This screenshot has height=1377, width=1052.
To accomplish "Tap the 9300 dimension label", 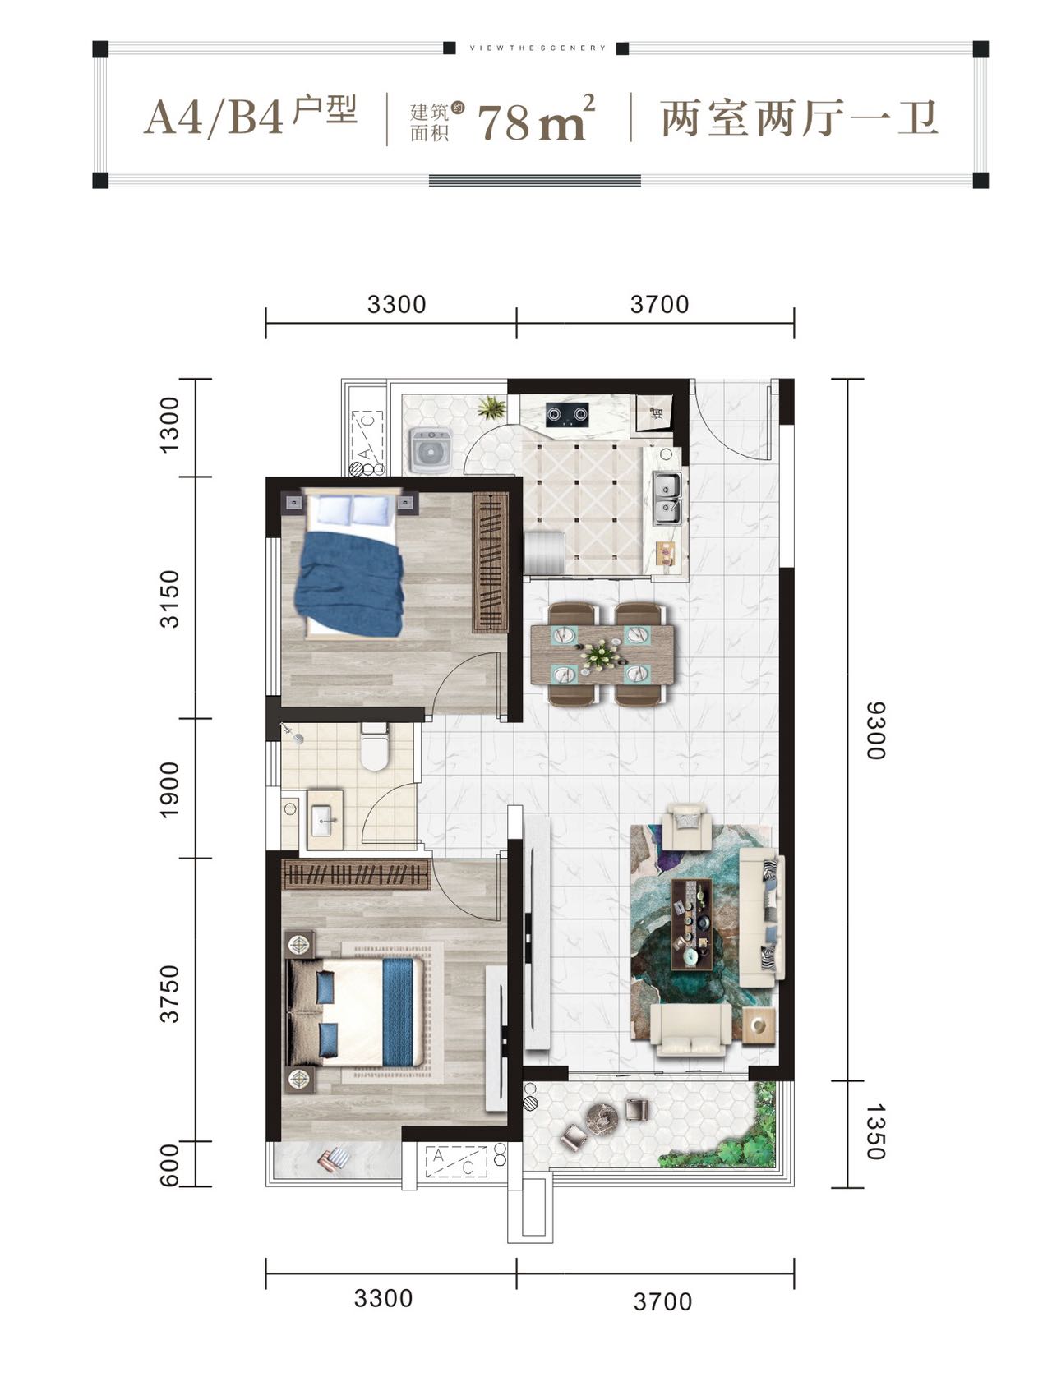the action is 876,730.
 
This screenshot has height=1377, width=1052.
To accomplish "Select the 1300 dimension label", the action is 169,424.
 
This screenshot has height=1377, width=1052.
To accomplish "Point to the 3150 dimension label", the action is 169,598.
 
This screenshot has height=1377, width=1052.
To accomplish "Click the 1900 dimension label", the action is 169,790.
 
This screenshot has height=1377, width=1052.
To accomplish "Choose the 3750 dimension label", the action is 169,994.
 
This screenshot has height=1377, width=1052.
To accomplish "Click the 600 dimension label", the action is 169,1166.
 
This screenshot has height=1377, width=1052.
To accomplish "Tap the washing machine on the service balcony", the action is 431,449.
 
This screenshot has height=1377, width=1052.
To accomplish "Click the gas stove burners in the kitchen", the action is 566,414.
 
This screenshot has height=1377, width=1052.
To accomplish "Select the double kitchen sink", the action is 667,499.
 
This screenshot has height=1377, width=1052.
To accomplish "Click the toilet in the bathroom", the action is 375,747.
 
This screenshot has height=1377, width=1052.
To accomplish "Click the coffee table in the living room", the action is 691,923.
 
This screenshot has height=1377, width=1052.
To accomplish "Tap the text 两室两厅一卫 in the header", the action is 799,118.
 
